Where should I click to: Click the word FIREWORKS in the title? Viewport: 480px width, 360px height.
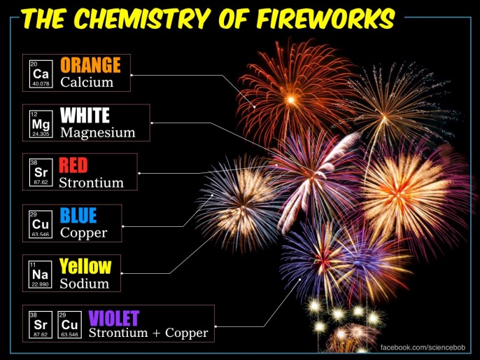327,18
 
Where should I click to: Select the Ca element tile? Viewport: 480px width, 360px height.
41,74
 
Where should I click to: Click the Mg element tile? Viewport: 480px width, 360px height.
41,124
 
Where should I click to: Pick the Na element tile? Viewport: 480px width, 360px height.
41,275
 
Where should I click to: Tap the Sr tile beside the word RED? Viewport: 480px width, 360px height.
41,173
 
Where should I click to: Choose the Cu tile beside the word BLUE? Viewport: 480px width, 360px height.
41,224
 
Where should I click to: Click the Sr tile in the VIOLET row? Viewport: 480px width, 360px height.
41,325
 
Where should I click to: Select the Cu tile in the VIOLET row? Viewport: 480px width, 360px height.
70,325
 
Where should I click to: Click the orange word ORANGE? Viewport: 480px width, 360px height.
91,65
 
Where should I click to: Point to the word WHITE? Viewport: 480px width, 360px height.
85,115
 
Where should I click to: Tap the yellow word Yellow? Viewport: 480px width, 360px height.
85,266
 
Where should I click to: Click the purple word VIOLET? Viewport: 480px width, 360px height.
114,318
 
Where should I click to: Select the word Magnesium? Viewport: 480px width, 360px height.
98,132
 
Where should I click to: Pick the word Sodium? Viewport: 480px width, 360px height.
85,284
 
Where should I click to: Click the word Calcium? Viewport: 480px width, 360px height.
87,82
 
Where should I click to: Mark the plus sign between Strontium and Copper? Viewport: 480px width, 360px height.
157,333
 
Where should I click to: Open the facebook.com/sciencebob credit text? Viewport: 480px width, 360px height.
423,347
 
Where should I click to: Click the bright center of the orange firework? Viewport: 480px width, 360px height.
290,99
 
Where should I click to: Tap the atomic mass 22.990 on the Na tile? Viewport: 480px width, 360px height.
41,284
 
